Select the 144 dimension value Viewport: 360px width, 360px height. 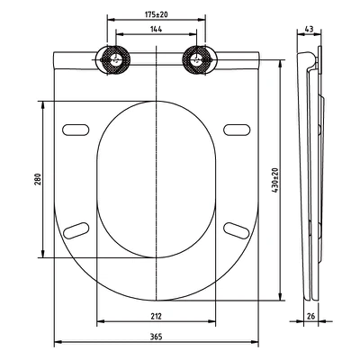157,29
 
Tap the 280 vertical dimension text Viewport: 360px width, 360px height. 37,179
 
